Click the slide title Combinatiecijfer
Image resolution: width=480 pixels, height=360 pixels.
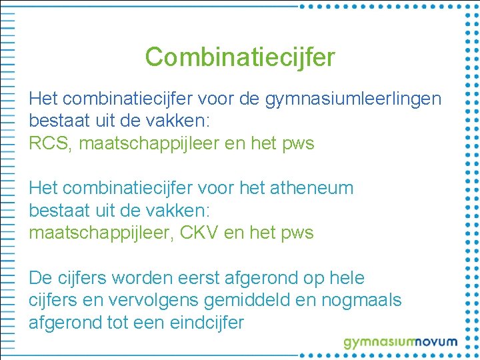pyautogui.click(x=240, y=57)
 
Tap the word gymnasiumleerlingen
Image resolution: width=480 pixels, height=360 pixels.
pyautogui.click(x=353, y=99)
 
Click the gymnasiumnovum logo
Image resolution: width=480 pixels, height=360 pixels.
pyautogui.click(x=400, y=343)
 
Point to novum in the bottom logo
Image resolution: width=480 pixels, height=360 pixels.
pyautogui.click(x=433, y=342)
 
